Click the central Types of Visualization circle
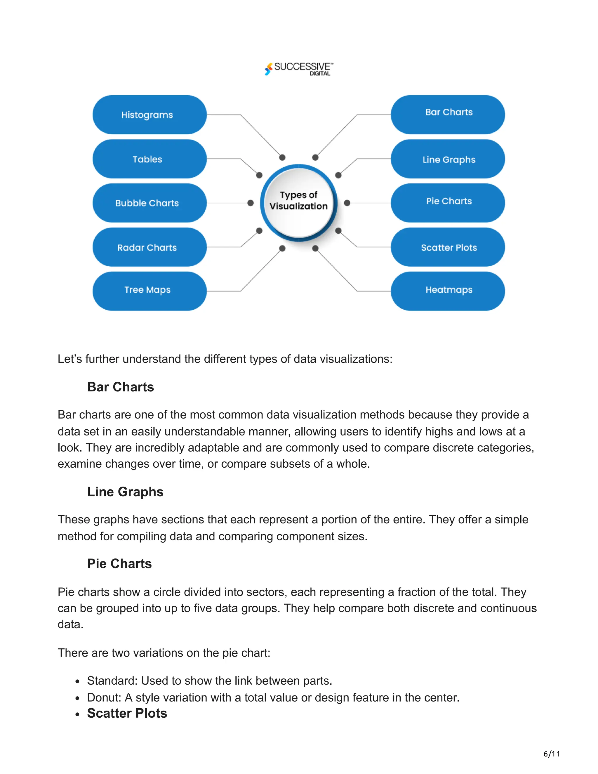299,201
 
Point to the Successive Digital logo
299,68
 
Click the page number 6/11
552,754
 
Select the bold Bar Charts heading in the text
121,387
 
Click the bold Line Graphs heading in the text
125,492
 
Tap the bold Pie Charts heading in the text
119,564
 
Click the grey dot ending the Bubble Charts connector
251,203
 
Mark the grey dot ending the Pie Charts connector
347,203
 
